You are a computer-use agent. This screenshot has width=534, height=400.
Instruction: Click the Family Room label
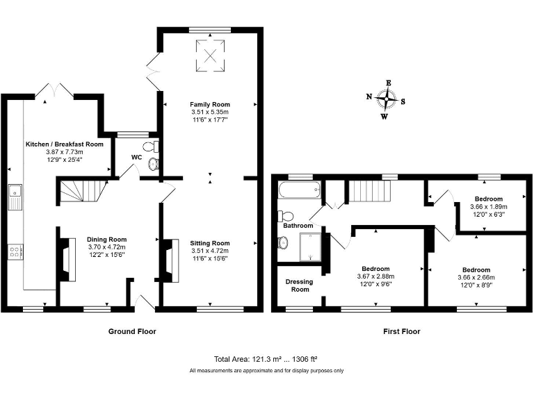pos(210,104)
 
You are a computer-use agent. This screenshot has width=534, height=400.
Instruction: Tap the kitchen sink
pos(15,197)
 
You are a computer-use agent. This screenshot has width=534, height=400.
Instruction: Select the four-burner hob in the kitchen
pos(15,252)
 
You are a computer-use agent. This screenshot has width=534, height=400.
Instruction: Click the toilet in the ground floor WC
pos(151,147)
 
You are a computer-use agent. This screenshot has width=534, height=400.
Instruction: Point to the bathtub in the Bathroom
pos(300,190)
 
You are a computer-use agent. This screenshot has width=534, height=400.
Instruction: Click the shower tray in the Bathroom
pos(310,247)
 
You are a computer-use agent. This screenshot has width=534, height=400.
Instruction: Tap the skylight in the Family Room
pos(210,56)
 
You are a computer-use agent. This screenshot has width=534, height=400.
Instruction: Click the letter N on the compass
pos(369,97)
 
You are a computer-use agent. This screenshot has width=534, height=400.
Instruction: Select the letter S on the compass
pos(403,101)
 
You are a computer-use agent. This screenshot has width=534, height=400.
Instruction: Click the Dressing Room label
pos(300,285)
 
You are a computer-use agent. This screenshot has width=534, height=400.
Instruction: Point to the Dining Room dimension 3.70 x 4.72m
pos(106,247)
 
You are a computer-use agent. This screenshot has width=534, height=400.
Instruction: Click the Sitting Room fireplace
pos(172,260)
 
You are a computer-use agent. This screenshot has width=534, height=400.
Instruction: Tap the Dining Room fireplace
pos(68,260)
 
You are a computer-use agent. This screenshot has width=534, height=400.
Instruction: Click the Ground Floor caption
pos(132,331)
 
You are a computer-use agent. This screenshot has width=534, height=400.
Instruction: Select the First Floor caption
pos(402,331)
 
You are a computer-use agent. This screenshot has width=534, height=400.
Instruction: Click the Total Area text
pos(266,359)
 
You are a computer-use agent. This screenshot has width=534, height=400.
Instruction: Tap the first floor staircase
pos(369,192)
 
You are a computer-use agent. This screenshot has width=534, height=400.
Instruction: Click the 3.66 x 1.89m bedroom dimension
pos(489,207)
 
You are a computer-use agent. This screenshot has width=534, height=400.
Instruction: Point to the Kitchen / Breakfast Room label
pos(65,144)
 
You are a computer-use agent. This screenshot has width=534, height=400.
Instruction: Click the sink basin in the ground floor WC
pos(154,165)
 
